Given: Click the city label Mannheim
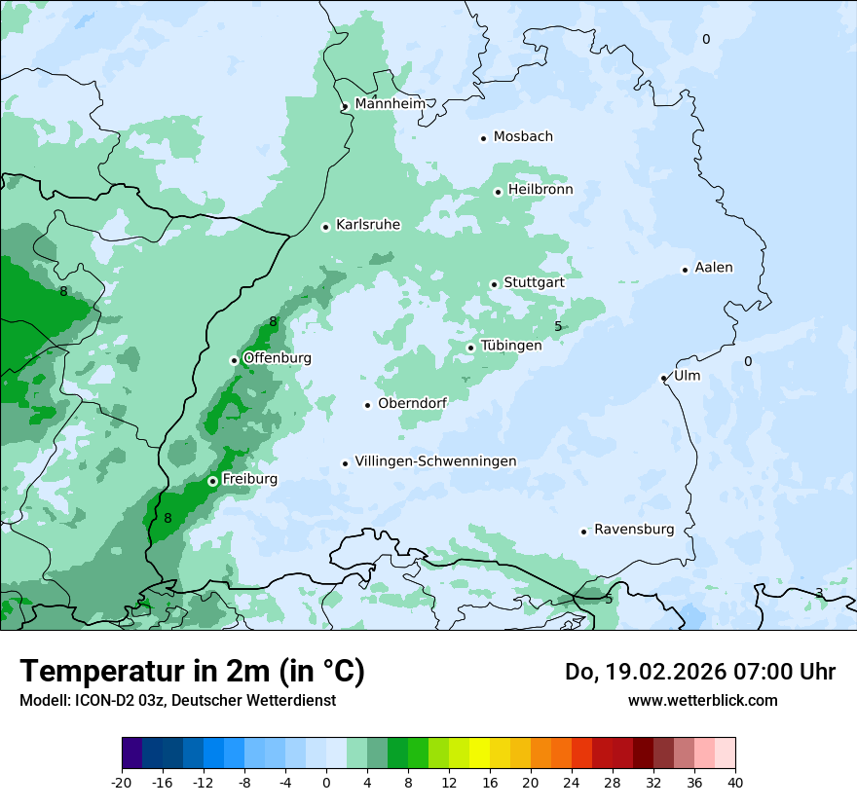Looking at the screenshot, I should [390, 104].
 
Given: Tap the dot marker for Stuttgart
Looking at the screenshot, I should [495, 284].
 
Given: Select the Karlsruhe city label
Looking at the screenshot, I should [367, 225].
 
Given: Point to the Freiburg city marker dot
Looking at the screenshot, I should [212, 481].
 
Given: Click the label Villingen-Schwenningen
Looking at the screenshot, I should [435, 461].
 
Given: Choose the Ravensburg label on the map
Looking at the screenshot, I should [634, 530].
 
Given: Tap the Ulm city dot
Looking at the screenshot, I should [664, 378].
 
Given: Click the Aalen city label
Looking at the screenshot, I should [714, 268].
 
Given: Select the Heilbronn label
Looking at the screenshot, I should [540, 190].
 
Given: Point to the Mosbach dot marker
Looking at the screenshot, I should [483, 138].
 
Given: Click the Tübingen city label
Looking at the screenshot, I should [511, 346].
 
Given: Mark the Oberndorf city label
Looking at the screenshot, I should [412, 403].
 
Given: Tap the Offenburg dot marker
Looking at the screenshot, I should [235, 360].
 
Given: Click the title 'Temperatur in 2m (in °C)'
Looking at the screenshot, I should [192, 672].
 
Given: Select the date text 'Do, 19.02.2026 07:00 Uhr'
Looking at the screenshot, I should [700, 672].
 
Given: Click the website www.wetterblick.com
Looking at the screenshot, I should [702, 700].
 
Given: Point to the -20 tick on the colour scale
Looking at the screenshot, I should [122, 782].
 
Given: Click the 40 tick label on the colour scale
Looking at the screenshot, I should [735, 782].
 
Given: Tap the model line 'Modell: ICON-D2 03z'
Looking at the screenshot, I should [177, 700].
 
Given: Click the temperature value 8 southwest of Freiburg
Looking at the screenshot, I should [168, 518].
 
